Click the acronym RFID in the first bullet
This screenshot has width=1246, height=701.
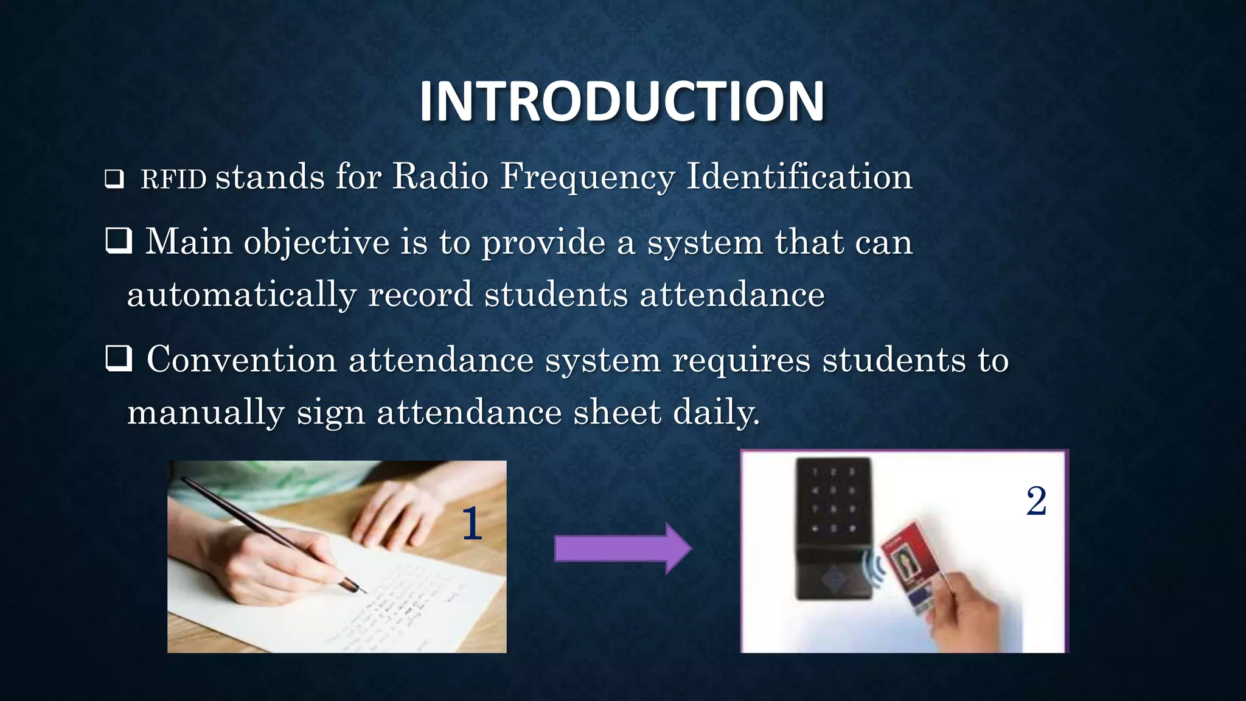174,180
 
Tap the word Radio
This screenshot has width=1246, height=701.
440,177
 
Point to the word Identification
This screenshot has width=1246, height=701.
799,177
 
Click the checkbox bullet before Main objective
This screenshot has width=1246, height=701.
119,240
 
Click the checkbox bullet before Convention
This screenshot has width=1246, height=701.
119,358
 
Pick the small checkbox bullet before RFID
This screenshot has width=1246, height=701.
114,180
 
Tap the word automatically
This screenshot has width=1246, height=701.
242,295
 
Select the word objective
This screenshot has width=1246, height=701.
316,243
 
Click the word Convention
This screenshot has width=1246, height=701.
242,360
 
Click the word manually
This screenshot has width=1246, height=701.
206,413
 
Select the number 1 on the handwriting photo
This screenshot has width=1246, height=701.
472,524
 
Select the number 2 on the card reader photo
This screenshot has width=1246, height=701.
1036,502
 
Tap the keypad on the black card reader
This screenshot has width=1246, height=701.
833,499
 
